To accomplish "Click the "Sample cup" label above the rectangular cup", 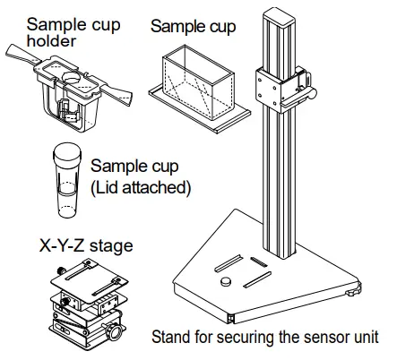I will click(x=193, y=27).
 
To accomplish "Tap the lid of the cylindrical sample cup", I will click(x=66, y=158).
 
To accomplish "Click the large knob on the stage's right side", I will click(x=117, y=333).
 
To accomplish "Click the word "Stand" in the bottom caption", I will click(x=171, y=338).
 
